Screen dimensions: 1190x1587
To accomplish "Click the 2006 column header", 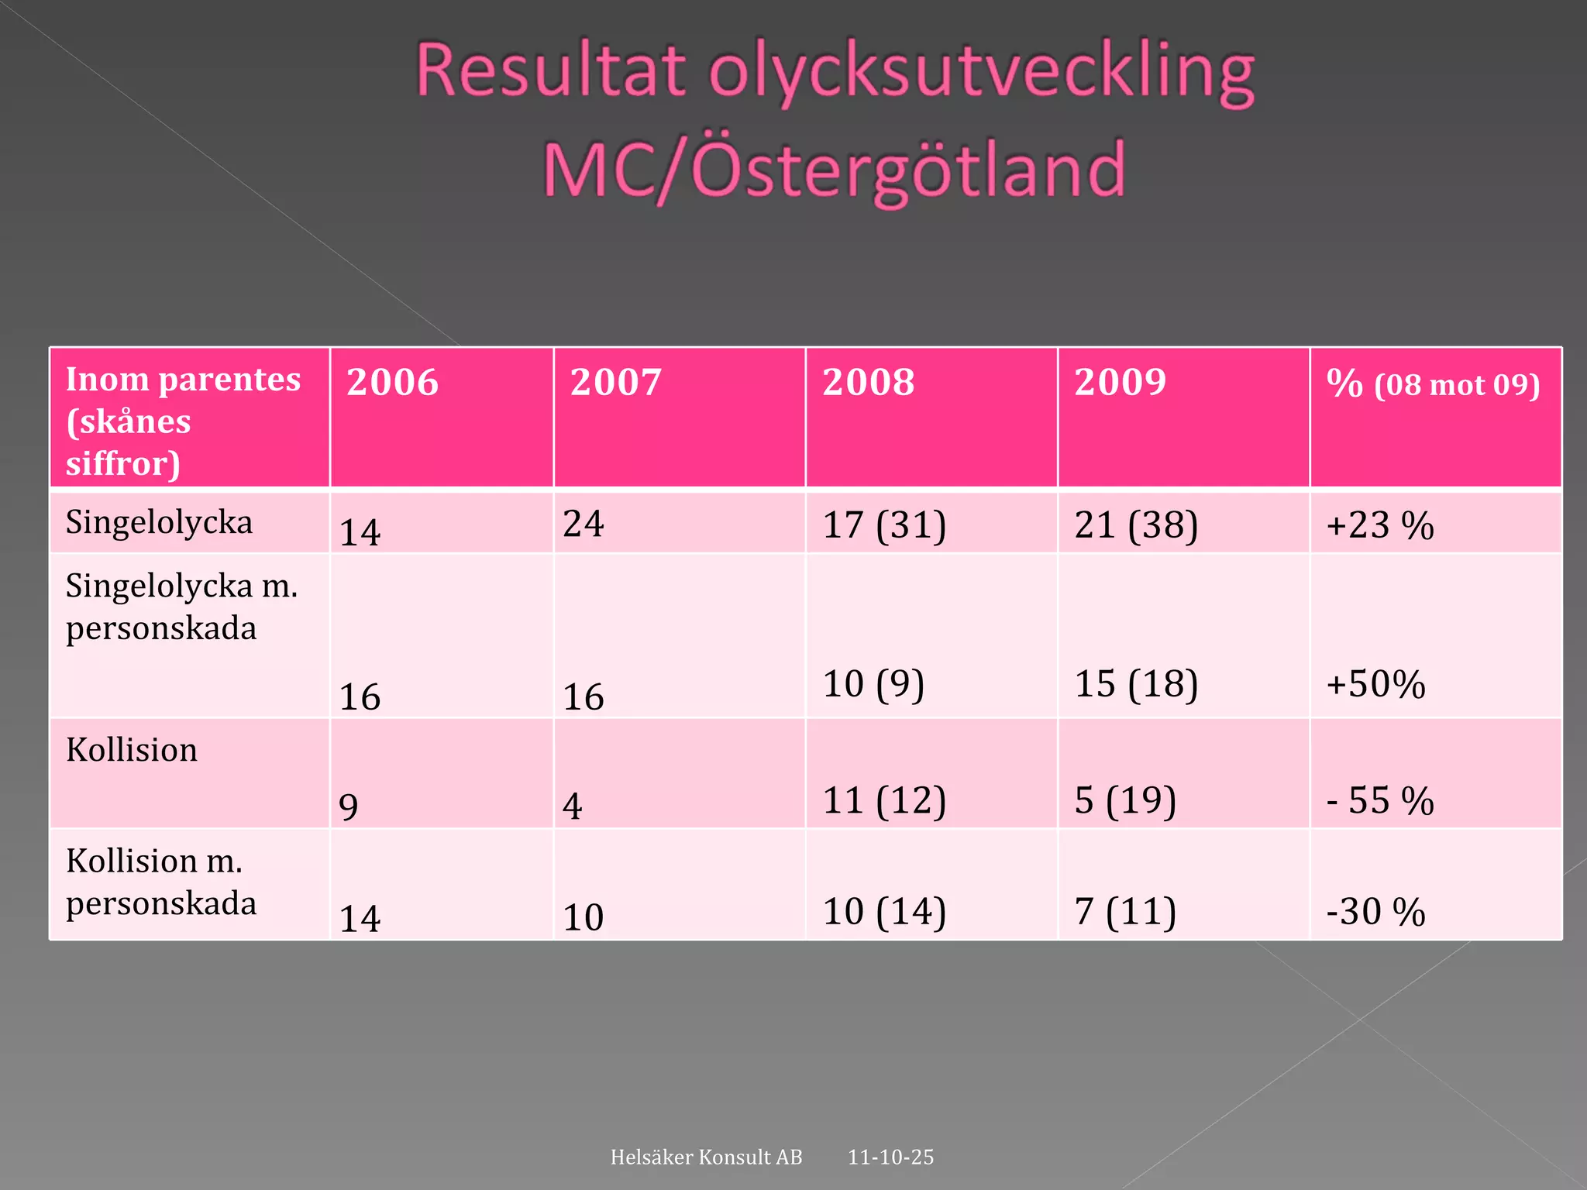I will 392,382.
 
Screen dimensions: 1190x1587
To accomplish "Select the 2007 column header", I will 616,382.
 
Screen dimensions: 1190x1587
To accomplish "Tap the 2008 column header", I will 868,382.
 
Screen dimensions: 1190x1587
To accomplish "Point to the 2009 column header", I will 1120,382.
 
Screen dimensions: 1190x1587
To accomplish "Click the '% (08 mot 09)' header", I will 1433,384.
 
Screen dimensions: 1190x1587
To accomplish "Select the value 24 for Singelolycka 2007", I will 583,524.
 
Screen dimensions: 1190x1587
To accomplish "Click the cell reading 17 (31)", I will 884,525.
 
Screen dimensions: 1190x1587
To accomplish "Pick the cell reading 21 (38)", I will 1136,525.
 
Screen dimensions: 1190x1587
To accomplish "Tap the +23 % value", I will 1380,525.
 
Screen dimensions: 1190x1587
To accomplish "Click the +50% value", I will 1375,685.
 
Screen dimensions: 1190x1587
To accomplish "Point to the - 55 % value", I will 1380,800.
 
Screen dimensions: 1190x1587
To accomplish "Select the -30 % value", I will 1375,912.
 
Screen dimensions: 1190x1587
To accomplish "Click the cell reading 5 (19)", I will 1125,800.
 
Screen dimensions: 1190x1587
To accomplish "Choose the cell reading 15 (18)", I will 1136,684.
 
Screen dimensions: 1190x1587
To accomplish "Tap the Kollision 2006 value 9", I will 349,807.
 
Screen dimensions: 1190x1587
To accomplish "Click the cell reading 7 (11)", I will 1125,912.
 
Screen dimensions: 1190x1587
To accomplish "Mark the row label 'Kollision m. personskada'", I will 161,882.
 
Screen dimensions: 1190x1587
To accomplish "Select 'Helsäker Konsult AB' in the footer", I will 706,1157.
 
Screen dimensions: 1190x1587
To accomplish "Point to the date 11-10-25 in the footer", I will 890,1157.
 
